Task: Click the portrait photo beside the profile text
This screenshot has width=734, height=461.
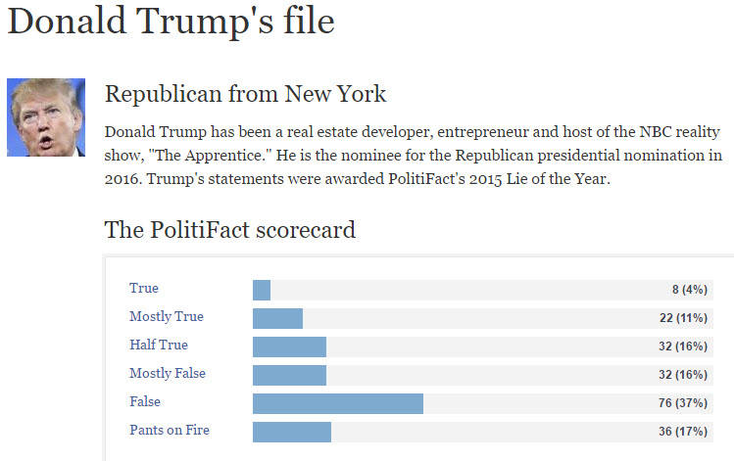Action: tap(46, 117)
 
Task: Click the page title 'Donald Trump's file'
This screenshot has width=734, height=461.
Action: tap(171, 22)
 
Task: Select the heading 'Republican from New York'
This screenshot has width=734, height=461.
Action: tap(245, 95)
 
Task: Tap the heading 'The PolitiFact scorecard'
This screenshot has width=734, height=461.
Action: tap(229, 231)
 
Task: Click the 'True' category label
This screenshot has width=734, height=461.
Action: tap(144, 289)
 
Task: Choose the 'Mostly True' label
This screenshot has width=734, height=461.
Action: tap(167, 317)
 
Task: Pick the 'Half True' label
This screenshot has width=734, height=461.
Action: tap(159, 346)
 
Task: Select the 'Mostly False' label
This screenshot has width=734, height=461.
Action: tap(168, 374)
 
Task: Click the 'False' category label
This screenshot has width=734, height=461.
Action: tap(145, 402)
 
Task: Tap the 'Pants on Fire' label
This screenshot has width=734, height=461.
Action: tap(170, 431)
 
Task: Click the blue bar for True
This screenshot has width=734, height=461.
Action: tap(262, 290)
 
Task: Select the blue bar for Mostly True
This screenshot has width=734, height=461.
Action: tap(277, 318)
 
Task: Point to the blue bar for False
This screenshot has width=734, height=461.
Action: tap(338, 403)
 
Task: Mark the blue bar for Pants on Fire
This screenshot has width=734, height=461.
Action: tap(292, 432)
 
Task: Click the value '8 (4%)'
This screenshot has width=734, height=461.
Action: tap(689, 291)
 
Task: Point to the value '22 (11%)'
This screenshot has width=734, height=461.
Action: tap(683, 319)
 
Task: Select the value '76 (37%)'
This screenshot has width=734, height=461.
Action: tap(683, 403)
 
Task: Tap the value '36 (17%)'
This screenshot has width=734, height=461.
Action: tap(683, 432)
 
